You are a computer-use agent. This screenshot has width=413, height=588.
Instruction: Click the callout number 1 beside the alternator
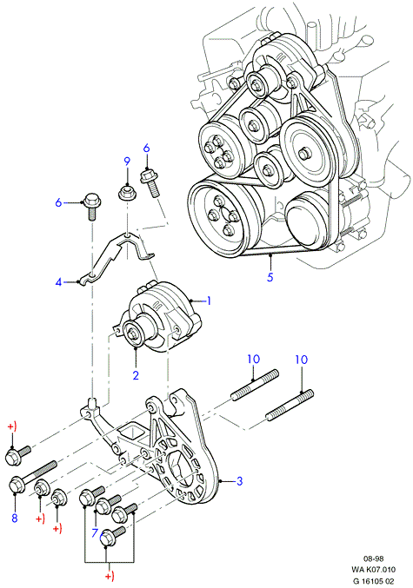pyautogui.click(x=210, y=301)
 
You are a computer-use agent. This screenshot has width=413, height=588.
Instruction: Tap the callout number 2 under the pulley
pyautogui.click(x=136, y=374)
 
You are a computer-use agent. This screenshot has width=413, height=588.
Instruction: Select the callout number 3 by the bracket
pyautogui.click(x=240, y=481)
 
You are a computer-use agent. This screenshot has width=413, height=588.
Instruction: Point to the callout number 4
pyautogui.click(x=58, y=281)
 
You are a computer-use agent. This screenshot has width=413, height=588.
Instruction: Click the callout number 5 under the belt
pyautogui.click(x=270, y=277)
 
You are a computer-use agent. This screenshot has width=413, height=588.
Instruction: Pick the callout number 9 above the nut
pyautogui.click(x=127, y=162)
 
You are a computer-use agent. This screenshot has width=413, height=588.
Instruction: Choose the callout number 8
pyautogui.click(x=14, y=518)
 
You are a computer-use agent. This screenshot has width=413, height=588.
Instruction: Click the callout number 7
pyautogui.click(x=95, y=532)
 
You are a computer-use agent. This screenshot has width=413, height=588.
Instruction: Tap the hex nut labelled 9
pyautogui.click(x=127, y=193)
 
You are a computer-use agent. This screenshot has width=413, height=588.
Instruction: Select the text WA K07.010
pyautogui.click(x=373, y=570)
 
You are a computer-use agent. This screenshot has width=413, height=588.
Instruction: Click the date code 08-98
pyautogui.click(x=373, y=558)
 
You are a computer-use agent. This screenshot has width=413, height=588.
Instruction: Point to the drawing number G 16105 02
pyautogui.click(x=373, y=581)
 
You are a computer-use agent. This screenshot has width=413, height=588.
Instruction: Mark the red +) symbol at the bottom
pyautogui.click(x=109, y=576)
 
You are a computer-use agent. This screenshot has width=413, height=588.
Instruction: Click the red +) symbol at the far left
pyautogui.click(x=12, y=427)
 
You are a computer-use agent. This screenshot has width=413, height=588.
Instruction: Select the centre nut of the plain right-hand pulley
pyautogui.click(x=303, y=153)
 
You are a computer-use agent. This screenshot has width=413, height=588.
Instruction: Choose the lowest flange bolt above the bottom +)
pyautogui.click(x=112, y=536)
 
